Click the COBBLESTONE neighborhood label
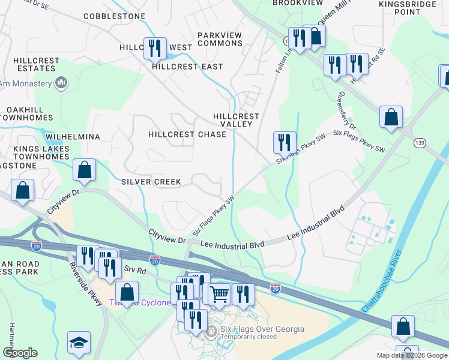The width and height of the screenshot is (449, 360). click(x=114, y=16)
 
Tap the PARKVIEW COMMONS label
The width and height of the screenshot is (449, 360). click(x=220, y=40)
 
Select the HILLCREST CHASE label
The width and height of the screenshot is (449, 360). click(x=187, y=134)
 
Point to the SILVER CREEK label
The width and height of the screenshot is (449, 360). click(x=151, y=181)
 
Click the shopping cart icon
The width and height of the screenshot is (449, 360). click(x=220, y=294)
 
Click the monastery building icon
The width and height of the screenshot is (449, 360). click(x=61, y=83)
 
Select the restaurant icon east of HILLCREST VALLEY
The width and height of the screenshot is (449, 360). click(x=285, y=142)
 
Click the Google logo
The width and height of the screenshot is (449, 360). click(x=20, y=353)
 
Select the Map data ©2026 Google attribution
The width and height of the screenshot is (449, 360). click(x=411, y=355)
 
